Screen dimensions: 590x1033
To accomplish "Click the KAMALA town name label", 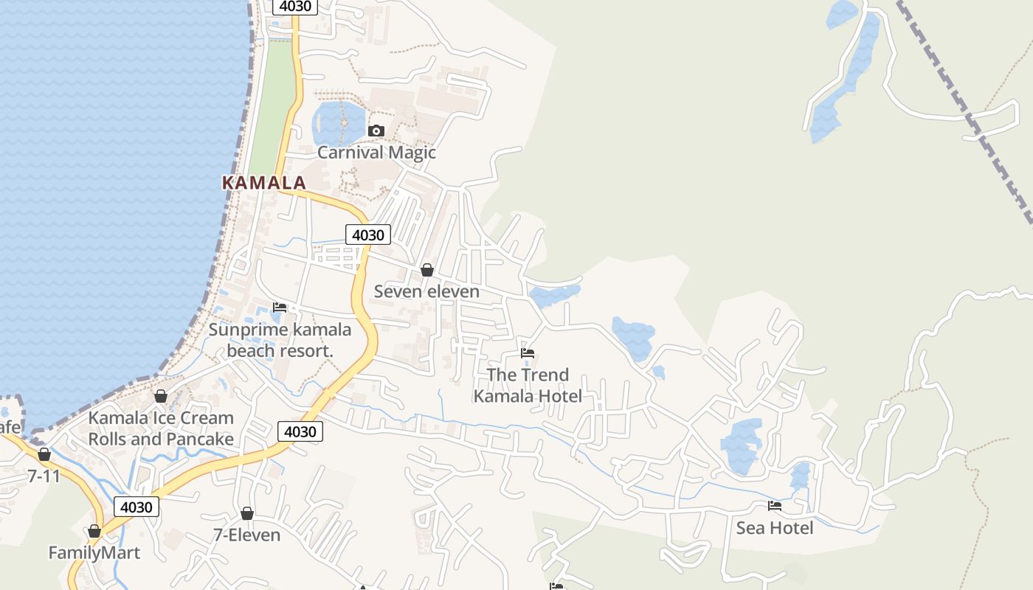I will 263,183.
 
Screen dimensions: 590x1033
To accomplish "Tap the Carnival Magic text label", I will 376,153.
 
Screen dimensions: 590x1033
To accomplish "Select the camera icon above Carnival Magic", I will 376,131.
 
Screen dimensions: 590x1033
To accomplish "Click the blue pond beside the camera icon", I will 338,122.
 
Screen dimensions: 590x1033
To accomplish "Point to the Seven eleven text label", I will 426,291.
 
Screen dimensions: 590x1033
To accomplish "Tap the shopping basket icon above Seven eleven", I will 426,270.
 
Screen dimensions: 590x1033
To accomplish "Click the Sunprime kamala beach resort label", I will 280,340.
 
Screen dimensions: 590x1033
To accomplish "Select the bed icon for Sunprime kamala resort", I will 280,307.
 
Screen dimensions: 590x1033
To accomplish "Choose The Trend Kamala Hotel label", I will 527,385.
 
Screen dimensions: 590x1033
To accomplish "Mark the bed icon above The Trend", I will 527,353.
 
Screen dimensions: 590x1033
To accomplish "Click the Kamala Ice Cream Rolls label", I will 161,428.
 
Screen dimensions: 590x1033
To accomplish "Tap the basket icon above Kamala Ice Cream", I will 161,397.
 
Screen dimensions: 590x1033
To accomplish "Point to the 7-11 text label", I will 44,476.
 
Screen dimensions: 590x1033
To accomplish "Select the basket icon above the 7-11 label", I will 44,454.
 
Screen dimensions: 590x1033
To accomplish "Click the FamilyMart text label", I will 94,552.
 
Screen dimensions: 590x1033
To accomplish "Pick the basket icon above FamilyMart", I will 94,531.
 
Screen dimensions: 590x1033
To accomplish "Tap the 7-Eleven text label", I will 246,535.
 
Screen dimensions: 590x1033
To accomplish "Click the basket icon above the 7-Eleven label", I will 247,513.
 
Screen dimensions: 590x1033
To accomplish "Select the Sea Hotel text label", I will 775,528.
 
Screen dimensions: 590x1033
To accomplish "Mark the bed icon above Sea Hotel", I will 775,506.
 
